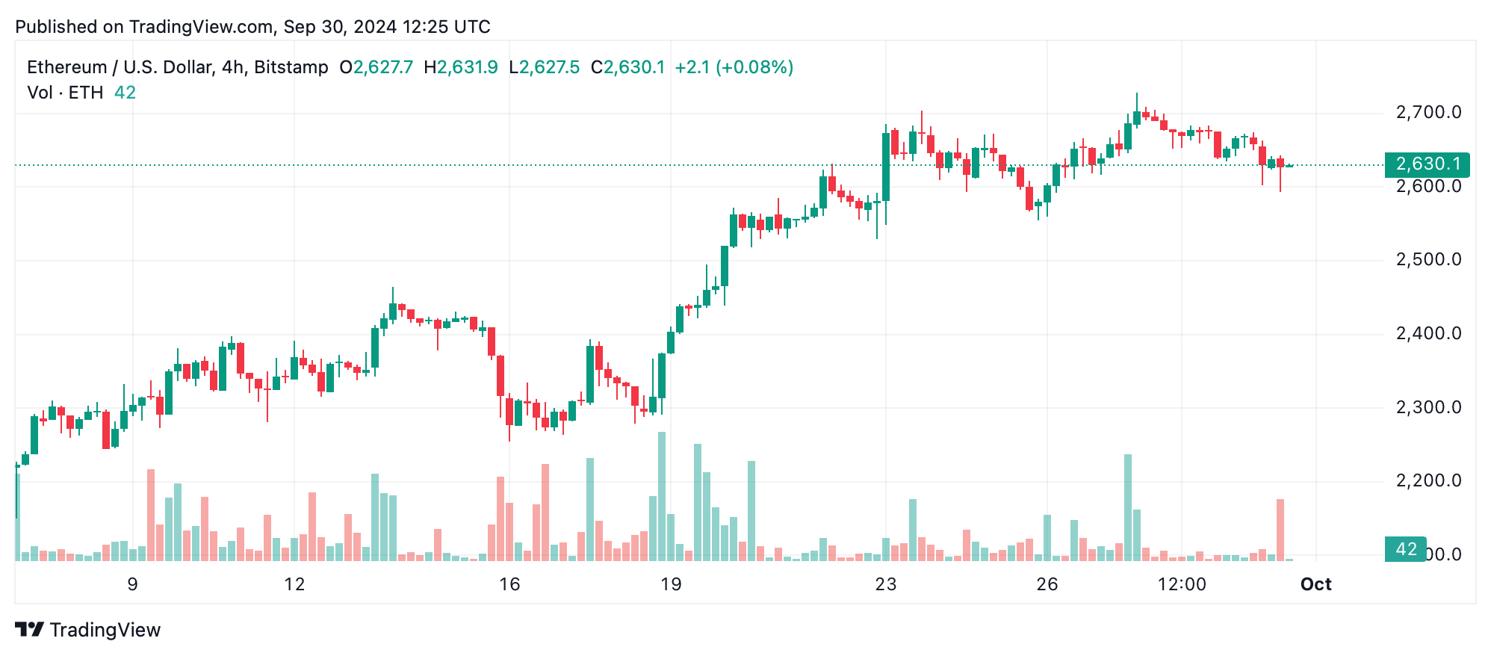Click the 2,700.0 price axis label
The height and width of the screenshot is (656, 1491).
coord(1428,113)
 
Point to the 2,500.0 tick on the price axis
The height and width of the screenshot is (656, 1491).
coord(1428,260)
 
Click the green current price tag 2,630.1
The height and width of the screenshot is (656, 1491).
coord(1427,164)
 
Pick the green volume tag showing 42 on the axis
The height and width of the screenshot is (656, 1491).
coord(1405,550)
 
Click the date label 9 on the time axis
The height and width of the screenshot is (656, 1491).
coord(133,584)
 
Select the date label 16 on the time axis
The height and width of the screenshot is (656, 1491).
coord(509,584)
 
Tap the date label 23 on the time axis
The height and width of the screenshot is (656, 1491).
coord(885,584)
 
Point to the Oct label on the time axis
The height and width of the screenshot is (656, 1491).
coord(1315,584)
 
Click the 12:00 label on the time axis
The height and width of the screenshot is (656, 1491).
coord(1182,584)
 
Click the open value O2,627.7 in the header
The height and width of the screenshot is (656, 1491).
coord(376,67)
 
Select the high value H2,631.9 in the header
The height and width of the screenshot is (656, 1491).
coord(460,67)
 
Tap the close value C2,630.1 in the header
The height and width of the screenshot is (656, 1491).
coord(627,67)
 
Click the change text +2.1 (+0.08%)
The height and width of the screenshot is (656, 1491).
coord(734,67)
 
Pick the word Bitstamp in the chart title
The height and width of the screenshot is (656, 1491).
coord(291,67)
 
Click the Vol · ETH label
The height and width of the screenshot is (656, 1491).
coord(65,93)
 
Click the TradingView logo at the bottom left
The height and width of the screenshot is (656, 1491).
coord(87,630)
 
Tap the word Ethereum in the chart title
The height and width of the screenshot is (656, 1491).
coord(67,67)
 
